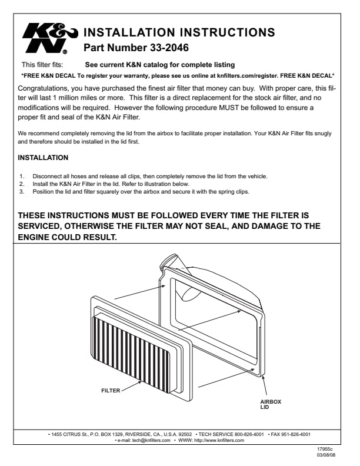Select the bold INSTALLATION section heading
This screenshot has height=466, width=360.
click(44, 158)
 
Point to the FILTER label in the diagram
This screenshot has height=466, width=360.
click(111, 390)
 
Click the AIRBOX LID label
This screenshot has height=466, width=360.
click(270, 405)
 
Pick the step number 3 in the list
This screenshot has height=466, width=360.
click(21, 191)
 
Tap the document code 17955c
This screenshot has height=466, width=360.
click(325, 449)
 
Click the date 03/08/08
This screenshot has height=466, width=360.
click(325, 455)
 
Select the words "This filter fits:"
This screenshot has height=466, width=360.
click(42, 64)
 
